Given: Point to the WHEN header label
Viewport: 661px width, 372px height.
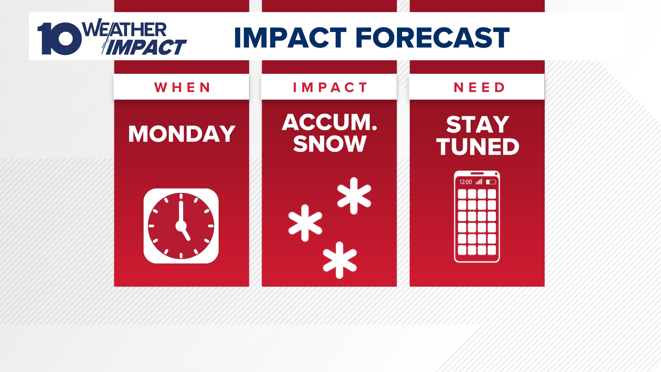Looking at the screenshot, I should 182,87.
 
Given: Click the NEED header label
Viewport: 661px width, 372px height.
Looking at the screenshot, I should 479,87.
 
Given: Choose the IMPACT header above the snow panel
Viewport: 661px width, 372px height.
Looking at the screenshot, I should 330,87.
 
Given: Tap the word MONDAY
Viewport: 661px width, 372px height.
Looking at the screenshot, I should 181,134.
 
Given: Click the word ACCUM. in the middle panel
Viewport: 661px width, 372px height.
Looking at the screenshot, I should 329,122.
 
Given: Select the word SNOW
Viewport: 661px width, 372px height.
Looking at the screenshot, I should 329,144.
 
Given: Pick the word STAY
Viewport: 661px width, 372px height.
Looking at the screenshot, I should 478,124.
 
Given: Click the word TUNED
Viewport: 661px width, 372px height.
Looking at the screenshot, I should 478,147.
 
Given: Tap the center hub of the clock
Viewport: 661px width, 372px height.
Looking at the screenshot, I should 181,226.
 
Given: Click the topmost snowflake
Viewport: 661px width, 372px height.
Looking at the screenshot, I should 354,196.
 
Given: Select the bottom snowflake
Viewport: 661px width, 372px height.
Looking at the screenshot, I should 339,260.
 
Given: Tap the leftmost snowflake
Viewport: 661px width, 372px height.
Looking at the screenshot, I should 305,223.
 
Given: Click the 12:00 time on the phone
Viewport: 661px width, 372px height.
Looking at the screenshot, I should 465,182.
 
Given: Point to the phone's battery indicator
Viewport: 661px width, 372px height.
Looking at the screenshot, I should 491,182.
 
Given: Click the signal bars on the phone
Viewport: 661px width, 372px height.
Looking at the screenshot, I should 479,182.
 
